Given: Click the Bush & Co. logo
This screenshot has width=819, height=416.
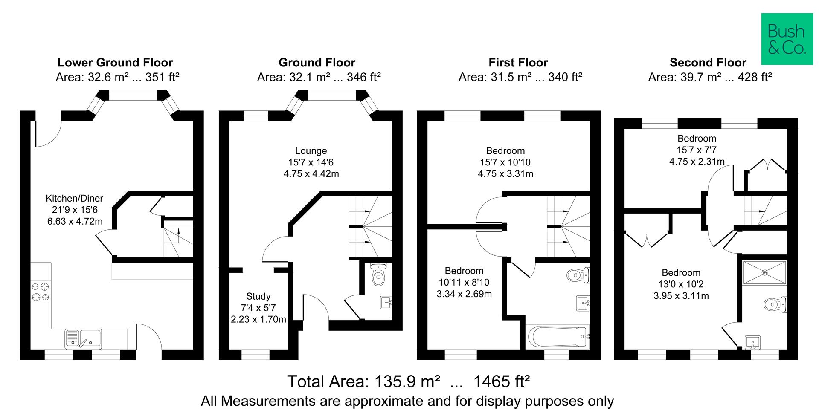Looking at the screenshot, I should (787, 39).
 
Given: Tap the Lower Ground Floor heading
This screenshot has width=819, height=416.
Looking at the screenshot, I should (115, 63).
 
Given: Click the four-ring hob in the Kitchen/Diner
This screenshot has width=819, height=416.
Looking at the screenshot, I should (41, 292).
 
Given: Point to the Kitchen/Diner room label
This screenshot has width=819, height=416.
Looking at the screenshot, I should (75, 199).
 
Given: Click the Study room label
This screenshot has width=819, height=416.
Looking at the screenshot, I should (258, 296).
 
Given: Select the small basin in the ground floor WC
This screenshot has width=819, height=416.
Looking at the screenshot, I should (386, 303).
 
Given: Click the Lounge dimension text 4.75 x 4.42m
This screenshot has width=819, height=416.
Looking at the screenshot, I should (311, 173).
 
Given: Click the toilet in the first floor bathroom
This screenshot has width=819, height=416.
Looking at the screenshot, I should (578, 275).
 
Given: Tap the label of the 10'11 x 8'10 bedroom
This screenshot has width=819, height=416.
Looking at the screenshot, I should (464, 271).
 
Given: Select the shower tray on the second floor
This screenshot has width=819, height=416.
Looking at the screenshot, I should (764, 272).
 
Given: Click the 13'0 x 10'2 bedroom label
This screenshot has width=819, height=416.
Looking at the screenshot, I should (681, 273).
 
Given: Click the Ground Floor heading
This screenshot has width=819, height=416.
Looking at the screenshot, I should (317, 63).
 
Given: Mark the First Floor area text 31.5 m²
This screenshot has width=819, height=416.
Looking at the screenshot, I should (520, 77).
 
